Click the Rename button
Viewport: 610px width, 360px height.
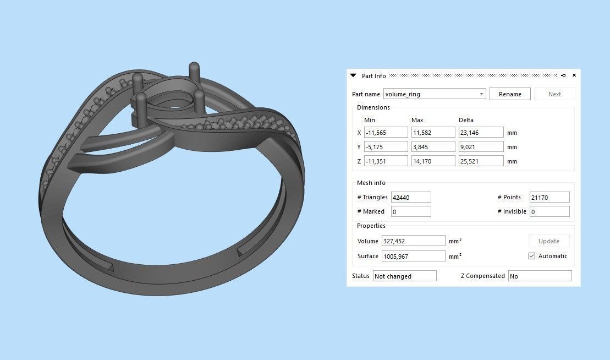coord(510,94)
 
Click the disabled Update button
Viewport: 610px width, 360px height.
coord(548,241)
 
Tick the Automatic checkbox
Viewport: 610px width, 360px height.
coord(532,256)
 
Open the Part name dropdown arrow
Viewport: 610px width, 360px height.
coord(481,94)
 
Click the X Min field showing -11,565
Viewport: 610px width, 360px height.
coord(386,133)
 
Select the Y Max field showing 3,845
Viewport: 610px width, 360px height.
coord(433,147)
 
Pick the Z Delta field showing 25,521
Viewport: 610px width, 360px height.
coord(481,161)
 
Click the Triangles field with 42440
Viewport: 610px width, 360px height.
coord(410,197)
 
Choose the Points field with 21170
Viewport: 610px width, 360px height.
coord(549,197)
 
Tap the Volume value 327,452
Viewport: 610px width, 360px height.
coord(413,241)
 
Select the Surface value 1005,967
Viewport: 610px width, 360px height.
coord(413,256)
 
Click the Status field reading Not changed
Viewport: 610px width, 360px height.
coord(404,276)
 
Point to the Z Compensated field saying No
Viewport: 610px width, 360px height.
coord(539,276)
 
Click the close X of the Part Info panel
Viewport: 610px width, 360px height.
coord(574,75)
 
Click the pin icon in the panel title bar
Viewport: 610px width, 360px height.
coord(563,75)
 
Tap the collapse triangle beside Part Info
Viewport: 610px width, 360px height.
coord(353,75)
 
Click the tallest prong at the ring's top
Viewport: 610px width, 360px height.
coord(194,72)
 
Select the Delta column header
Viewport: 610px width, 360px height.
coord(466,120)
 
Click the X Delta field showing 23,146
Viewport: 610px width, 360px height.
coord(481,133)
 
